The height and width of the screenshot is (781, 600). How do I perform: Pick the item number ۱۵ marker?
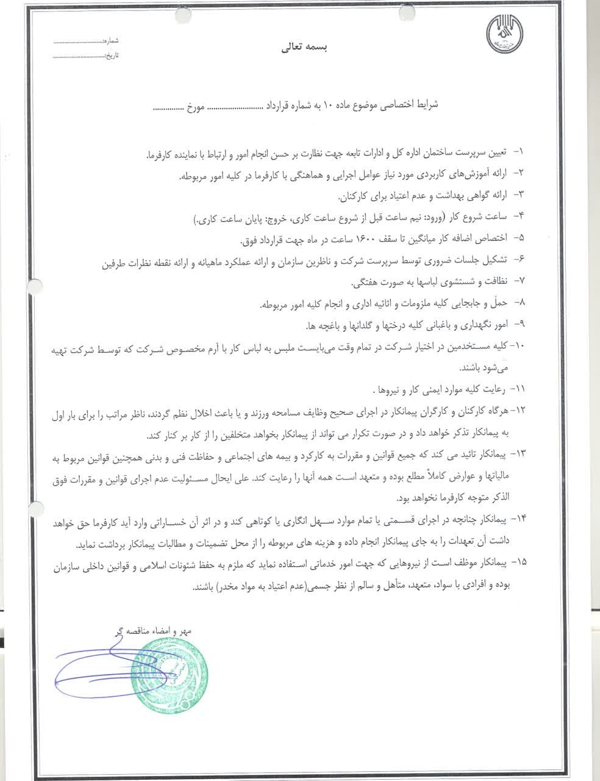(518, 560)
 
